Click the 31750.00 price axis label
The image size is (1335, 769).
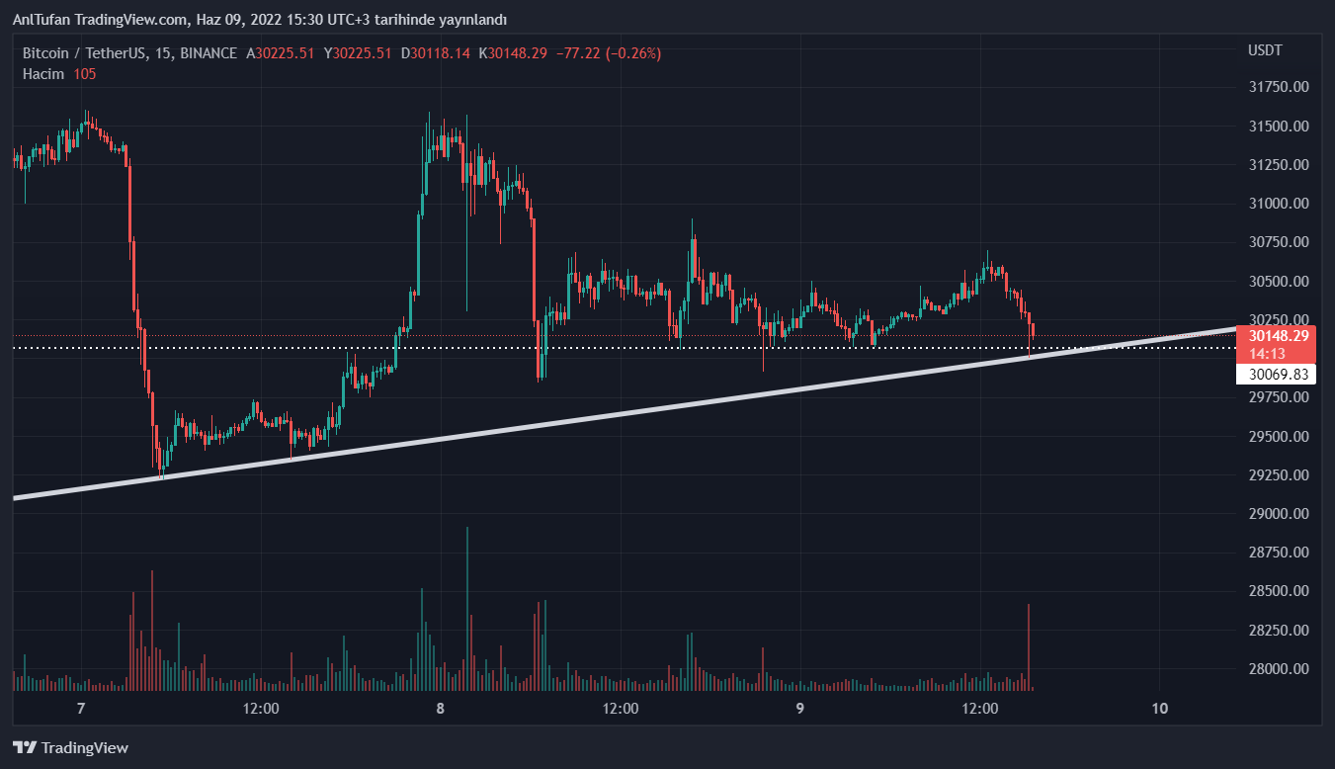pyautogui.click(x=1278, y=87)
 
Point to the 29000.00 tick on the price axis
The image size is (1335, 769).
pyautogui.click(x=1278, y=514)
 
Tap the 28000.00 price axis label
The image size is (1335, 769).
pyautogui.click(x=1278, y=669)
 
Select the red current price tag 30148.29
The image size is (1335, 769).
pyautogui.click(x=1278, y=335)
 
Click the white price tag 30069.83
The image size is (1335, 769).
pyautogui.click(x=1278, y=375)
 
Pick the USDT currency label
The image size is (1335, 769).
pyautogui.click(x=1265, y=50)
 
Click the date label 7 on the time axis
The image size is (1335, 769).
pyautogui.click(x=81, y=709)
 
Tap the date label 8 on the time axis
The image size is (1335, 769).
pyautogui.click(x=441, y=709)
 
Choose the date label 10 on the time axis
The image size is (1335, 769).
pyautogui.click(x=1160, y=709)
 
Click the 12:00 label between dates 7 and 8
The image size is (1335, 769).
pyautogui.click(x=261, y=709)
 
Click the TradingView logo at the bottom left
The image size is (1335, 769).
pyautogui.click(x=70, y=748)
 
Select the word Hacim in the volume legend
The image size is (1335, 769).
pyautogui.click(x=43, y=74)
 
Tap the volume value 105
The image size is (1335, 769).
pyautogui.click(x=85, y=74)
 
